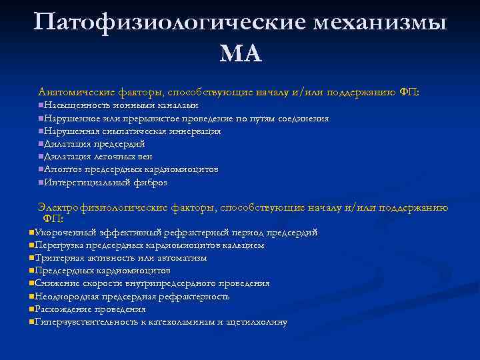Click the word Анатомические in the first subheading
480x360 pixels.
(77, 92)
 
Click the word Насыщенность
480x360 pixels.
(74, 105)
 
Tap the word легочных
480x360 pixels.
(115, 157)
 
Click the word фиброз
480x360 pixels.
(150, 182)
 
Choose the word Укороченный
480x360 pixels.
(65, 233)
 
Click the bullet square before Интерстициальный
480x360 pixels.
(41, 183)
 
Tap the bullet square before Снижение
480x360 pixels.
(31, 284)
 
